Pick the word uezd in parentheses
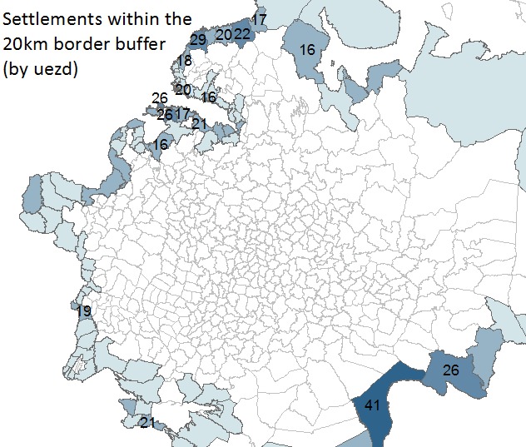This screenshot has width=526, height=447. point(57,71)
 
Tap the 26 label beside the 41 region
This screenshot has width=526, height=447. point(450,370)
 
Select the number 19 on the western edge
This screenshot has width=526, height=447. point(84,311)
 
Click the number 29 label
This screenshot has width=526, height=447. point(198,39)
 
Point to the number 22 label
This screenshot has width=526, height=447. point(242,33)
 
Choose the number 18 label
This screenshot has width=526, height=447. point(184,60)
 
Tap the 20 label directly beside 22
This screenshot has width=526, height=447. point(223,34)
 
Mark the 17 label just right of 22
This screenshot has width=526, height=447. point(260,18)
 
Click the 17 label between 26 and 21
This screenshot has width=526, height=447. point(183,113)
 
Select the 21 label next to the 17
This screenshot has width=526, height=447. point(199,123)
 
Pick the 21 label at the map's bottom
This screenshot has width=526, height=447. point(147,423)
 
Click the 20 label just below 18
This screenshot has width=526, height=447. point(183,89)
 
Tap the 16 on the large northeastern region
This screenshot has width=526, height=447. point(307,50)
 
